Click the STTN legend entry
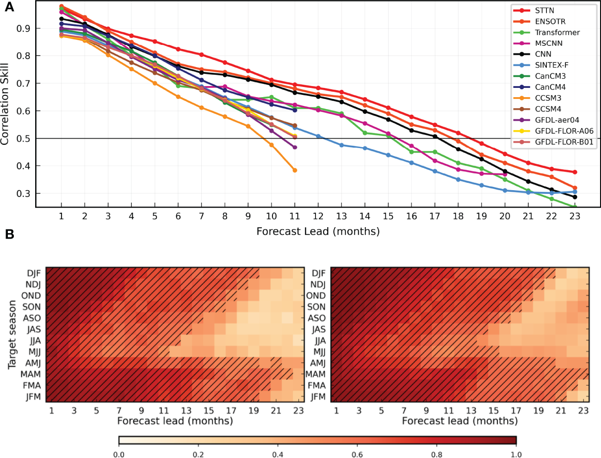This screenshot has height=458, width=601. tap(544, 10)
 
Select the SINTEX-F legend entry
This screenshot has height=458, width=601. tap(551, 65)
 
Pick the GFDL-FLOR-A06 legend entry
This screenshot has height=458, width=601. tap(564, 131)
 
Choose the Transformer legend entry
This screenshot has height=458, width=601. tap(557, 32)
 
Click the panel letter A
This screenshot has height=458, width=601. tap(9, 7)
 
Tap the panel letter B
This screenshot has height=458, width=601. tap(9, 234)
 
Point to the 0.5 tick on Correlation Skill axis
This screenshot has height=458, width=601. tap(23, 139)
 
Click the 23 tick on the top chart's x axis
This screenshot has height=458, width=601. tap(575, 216)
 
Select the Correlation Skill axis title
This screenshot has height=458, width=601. tap(5, 104)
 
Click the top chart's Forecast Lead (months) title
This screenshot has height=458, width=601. tap(318, 231)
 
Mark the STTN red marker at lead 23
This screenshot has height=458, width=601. tap(575, 172)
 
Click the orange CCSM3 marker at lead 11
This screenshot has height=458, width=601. tap(295, 170)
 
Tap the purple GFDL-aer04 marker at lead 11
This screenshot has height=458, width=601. tap(295, 147)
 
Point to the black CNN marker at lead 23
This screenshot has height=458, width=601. tap(575, 197)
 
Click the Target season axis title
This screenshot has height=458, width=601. tap(12, 334)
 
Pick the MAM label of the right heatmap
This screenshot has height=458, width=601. tap(316, 374)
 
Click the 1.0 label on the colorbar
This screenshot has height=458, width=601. tap(516, 454)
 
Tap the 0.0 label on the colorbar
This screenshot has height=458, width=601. tap(119, 454)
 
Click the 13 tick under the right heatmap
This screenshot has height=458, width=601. tap(471, 410)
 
